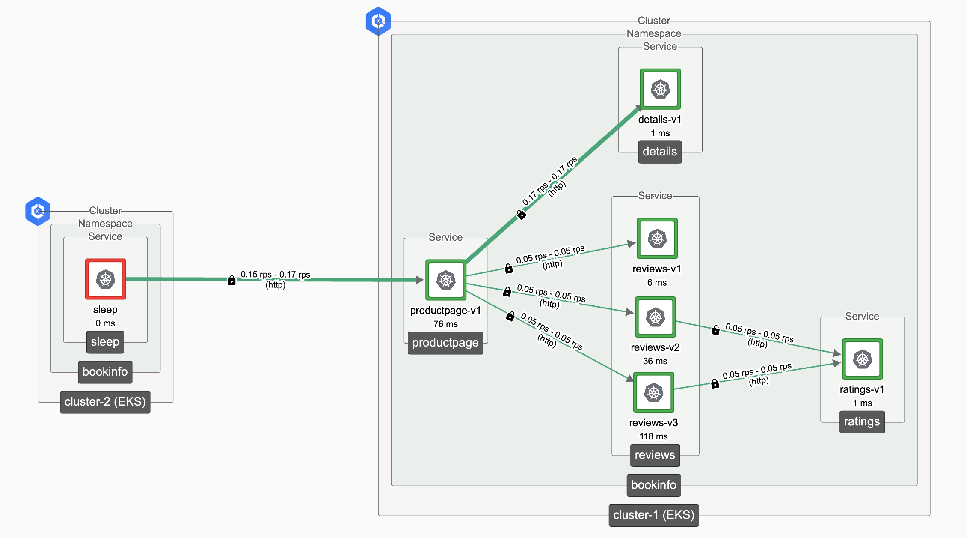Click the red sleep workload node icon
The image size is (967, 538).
point(105,279)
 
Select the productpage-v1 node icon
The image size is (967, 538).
point(445,280)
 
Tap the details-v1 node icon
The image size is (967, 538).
point(660,89)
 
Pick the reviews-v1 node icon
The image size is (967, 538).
point(657,239)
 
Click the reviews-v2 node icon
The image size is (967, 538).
point(655,317)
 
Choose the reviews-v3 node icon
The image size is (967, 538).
point(653,392)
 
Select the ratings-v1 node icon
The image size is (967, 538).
point(862,359)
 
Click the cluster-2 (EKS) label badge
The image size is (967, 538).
point(105,402)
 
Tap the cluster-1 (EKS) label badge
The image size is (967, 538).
point(653,515)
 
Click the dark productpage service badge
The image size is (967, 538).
point(445,343)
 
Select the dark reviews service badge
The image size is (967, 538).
point(655,455)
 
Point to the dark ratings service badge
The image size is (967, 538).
point(862,422)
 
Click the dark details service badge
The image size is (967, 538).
point(659,152)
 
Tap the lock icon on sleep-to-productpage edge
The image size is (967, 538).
point(231,281)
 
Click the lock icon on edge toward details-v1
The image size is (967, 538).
point(521,214)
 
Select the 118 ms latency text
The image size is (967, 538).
point(653,436)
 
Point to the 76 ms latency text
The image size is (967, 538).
point(445,324)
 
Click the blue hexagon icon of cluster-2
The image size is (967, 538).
point(38,211)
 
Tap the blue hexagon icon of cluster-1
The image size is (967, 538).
point(378,21)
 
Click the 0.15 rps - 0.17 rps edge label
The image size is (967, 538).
point(275,275)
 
